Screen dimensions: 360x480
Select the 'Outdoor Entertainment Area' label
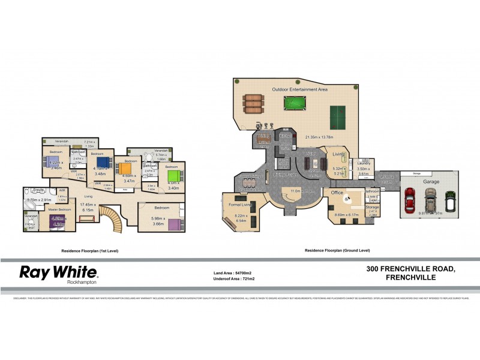pyautogui.click(x=299, y=89)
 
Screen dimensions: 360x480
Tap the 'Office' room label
pyautogui.click(x=337, y=193)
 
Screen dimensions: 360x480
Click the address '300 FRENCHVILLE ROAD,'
pyautogui.click(x=410, y=270)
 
